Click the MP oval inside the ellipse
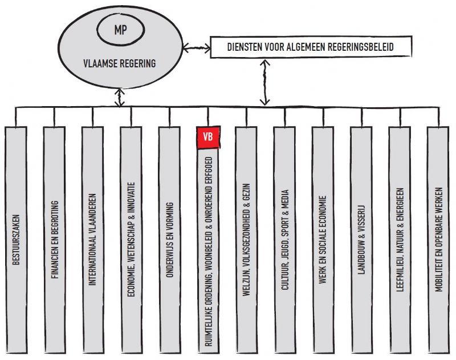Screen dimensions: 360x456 [120, 30]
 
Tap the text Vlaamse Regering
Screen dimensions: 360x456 [120, 64]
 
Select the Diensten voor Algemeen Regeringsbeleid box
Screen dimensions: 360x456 [310, 47]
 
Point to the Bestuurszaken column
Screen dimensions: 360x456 [17, 240]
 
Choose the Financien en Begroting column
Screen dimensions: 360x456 [55, 240]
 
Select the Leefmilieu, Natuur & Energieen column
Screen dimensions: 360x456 [401, 240]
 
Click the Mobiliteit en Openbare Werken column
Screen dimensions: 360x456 [439, 240]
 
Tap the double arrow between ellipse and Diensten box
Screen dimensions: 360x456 [197, 45]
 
